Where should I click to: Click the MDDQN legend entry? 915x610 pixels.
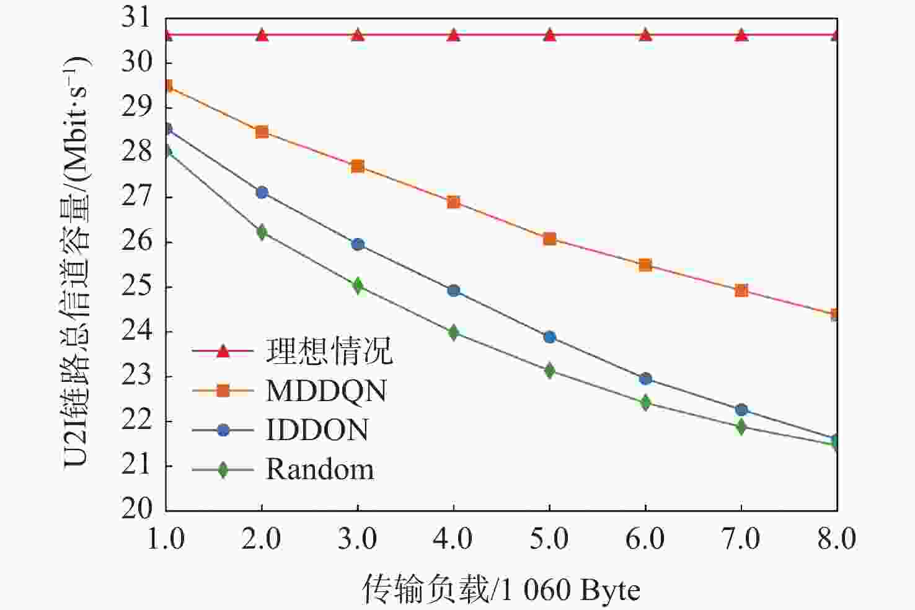(x=326, y=391)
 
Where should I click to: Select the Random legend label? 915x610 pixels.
(x=320, y=469)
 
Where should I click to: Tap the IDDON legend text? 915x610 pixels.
(x=317, y=430)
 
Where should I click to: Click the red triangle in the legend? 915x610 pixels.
(x=223, y=351)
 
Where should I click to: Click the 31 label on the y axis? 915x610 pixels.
(x=137, y=17)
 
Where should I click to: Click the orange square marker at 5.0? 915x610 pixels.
(x=549, y=239)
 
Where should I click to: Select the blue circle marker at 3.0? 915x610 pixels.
(x=358, y=244)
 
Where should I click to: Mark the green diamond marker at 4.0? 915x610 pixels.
(x=453, y=332)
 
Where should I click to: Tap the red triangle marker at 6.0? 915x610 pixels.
(x=645, y=35)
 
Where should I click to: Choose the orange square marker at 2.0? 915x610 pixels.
(x=262, y=132)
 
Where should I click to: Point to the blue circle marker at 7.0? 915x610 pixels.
(x=741, y=410)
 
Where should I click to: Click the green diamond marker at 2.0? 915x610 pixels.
(x=262, y=232)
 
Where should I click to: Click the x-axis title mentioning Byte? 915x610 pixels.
(x=501, y=589)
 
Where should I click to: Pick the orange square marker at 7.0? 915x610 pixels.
(x=741, y=290)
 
